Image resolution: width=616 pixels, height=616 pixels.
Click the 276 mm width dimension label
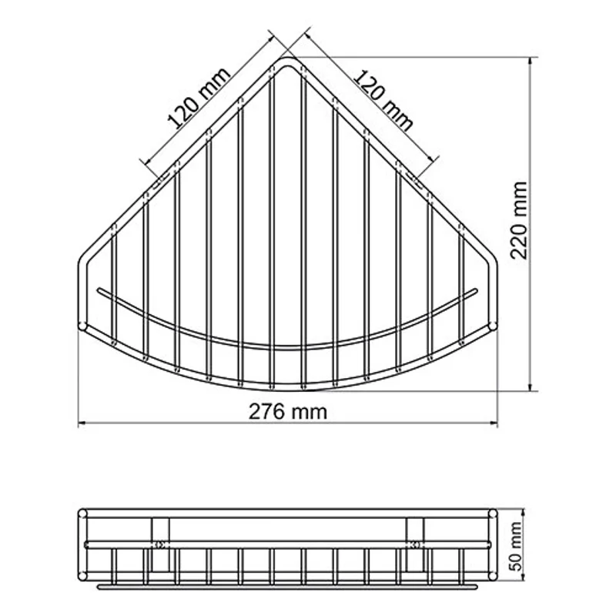click(288, 411)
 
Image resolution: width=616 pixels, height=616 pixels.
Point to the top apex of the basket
click(289, 59)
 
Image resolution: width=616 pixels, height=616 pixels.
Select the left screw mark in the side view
click(160, 544)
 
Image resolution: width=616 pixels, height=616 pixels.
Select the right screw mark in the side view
click(417, 544)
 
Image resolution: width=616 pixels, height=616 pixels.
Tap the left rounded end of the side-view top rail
click(83, 513)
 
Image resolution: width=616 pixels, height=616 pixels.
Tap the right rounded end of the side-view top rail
click(494, 513)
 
